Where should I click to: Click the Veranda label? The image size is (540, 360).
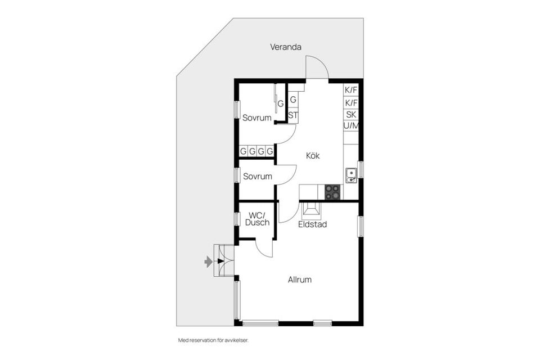pos(285,47)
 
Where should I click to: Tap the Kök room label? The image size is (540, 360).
pos(313,155)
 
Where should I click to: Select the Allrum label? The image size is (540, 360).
pos(299,280)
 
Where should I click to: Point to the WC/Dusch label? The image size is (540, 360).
pos(257,218)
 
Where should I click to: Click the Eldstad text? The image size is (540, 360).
pos(312,224)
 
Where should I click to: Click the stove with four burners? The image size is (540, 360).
pos(332,192)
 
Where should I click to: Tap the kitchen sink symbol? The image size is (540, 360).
pos(351,175)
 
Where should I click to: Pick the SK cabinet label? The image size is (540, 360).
pos(351,114)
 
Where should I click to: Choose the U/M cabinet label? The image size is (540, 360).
pos(351,125)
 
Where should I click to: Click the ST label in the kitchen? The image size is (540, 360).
pos(292,115)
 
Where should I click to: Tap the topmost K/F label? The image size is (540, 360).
pos(351,90)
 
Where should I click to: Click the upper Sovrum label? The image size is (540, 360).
pos(256,118)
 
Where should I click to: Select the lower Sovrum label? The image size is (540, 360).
pos(257,176)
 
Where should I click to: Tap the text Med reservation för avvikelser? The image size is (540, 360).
pos(213,340)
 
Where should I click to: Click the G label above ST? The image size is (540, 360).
pos(293,100)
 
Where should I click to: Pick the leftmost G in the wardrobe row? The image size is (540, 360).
pos(243,151)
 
